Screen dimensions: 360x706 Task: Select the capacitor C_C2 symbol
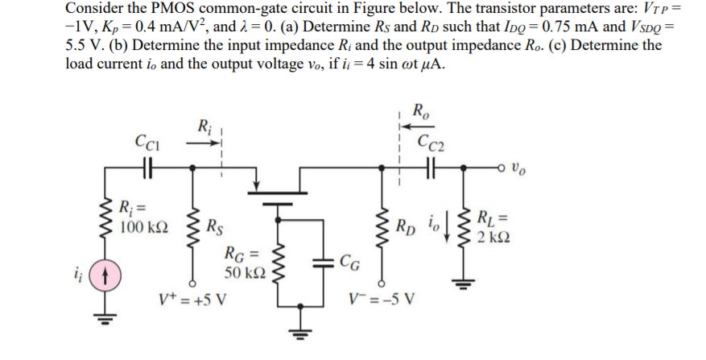pyautogui.click(x=429, y=171)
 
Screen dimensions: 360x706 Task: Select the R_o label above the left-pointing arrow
pyautogui.click(x=420, y=110)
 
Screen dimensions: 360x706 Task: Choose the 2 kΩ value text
pyautogui.click(x=491, y=238)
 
